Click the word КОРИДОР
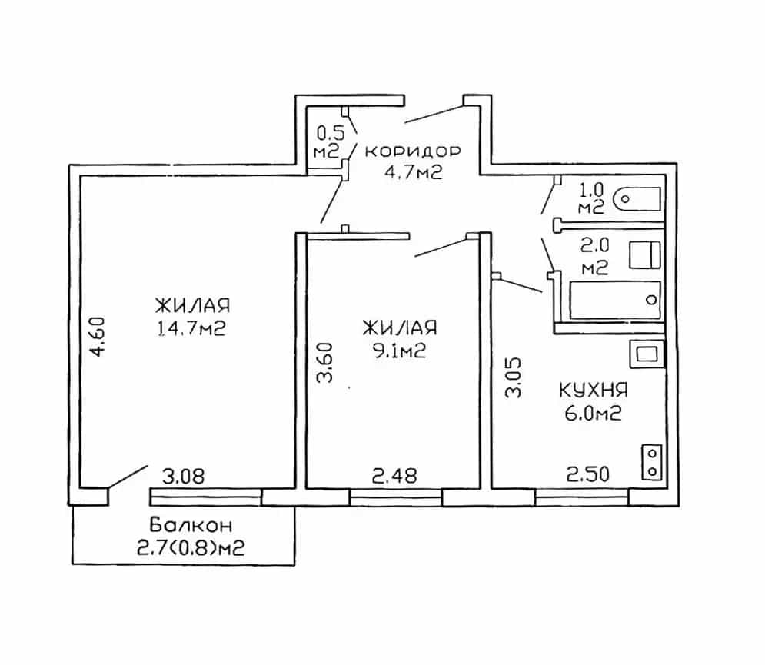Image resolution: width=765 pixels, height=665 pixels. pos(413,151)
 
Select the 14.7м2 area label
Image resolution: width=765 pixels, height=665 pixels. pos(191,329)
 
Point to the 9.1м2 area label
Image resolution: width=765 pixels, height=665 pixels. pos(400,351)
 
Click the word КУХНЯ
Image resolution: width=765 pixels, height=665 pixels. pos(593,391)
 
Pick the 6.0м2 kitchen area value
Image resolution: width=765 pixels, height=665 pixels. pos(593,414)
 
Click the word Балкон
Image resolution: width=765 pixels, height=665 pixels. pos(191,525)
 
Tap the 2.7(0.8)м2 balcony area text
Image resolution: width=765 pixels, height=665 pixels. pos(191,548)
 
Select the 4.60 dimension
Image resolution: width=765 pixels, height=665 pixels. pos(98,337)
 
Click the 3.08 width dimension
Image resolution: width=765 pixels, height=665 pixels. pos(184,476)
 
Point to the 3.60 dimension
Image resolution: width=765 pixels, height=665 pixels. pos(324,362)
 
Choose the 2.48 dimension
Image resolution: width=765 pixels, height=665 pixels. pos(394,476)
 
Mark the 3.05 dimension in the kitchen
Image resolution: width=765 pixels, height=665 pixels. pos(514,378)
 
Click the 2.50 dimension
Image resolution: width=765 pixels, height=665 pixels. pos(588,474)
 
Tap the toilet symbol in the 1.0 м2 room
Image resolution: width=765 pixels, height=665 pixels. pos(637,199)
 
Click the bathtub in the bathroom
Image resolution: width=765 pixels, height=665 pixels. pos(615,300)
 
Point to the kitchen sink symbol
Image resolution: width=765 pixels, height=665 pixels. pos(647,354)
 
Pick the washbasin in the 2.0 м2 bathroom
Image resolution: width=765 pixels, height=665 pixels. pos(645,255)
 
